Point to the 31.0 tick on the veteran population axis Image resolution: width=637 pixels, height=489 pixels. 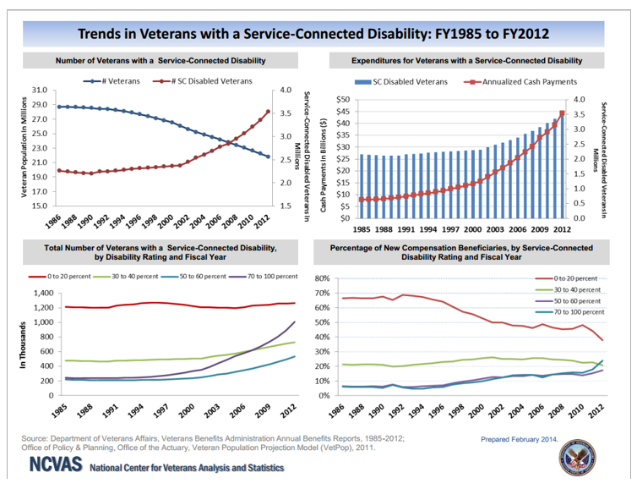[38, 90]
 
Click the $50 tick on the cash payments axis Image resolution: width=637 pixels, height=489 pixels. [342, 100]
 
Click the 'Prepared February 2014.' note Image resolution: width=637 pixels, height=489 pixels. [520, 440]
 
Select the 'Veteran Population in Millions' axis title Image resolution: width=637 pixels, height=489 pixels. [24, 147]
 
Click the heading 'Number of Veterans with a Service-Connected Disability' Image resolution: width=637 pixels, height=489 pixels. [161, 61]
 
